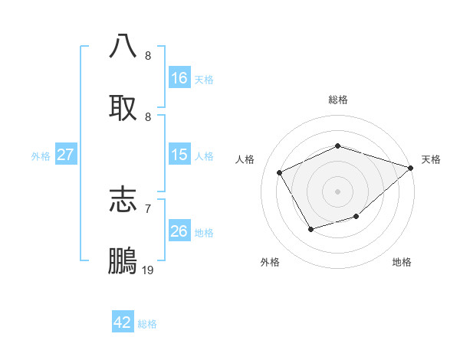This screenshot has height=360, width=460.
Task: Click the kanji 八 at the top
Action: tap(123, 45)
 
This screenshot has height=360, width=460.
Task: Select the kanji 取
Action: tap(123, 106)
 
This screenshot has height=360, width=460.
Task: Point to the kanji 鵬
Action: tap(123, 260)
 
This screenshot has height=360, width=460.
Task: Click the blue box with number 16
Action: tap(179, 77)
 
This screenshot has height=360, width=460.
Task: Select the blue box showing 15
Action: tap(179, 155)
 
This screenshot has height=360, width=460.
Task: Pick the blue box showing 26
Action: tap(179, 231)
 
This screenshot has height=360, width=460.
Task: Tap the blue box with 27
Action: tap(65, 155)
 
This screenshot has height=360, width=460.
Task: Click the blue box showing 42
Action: tap(123, 322)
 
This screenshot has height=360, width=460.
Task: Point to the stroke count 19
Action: tap(148, 270)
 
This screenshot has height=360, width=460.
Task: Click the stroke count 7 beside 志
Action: tap(148, 208)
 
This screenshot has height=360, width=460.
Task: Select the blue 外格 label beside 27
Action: tap(41, 156)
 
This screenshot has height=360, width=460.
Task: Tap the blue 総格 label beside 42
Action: tap(147, 324)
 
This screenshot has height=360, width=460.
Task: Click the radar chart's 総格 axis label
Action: tap(337, 100)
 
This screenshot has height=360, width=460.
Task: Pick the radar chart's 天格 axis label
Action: tap(431, 159)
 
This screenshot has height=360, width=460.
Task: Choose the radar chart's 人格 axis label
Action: tap(245, 159)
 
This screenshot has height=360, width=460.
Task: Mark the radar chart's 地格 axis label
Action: tap(402, 262)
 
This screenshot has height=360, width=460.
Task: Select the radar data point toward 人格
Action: tap(280, 172)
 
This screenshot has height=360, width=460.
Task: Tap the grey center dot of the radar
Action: tap(337, 191)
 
